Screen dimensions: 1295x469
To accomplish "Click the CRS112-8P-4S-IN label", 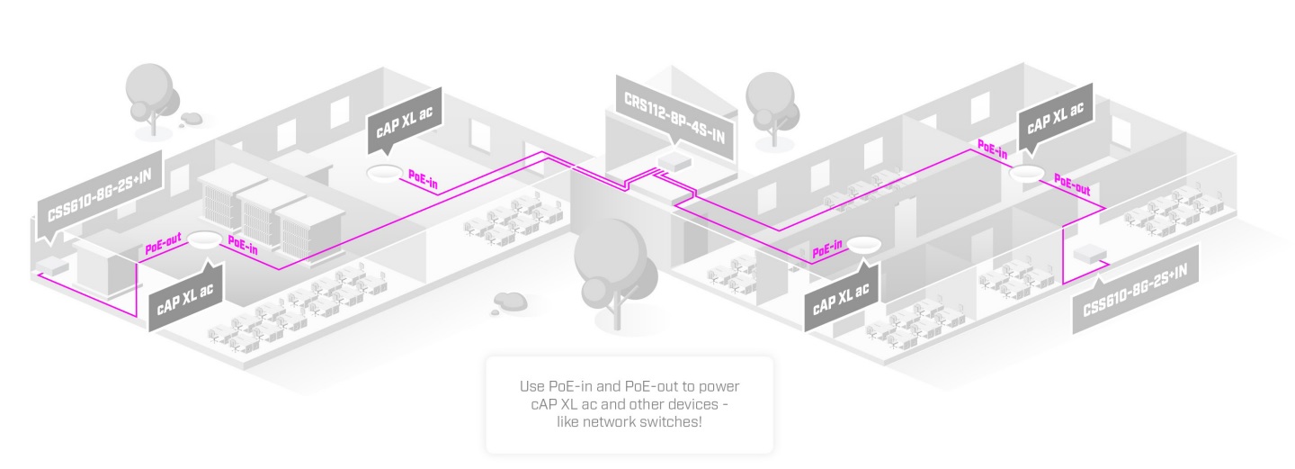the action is [x=674, y=118].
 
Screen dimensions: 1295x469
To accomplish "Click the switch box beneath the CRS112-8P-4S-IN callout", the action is [x=674, y=162].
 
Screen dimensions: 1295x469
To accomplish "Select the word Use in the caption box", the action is [x=531, y=386].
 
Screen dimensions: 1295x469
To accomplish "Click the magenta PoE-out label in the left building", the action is [x=163, y=243].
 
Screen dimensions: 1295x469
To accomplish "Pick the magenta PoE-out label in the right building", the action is [x=1072, y=185].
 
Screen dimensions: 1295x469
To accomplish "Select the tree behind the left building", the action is [x=151, y=98].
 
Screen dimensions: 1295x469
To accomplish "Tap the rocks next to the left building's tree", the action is [x=190, y=119].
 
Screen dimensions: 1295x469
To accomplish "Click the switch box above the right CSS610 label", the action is [x=1090, y=254].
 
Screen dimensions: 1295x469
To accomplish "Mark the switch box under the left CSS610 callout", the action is [x=52, y=266].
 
